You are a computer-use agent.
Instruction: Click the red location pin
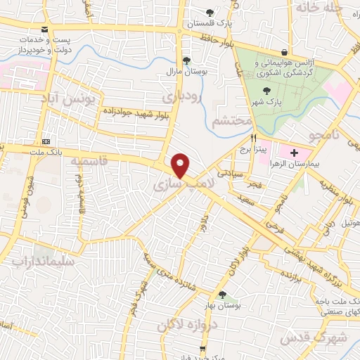pos(181,165)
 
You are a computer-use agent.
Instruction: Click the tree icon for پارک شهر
pos(266,90)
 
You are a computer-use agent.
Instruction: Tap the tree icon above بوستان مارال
pos(186,60)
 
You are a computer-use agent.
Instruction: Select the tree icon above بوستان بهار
pos(222,295)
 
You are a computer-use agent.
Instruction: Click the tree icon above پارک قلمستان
pos(210,12)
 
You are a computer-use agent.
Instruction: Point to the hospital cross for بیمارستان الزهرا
pos(293,152)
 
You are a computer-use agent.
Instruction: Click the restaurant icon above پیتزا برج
pos(253,139)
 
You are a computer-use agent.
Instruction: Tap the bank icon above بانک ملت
pos(46,139)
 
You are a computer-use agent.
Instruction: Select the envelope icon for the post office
pos(46,30)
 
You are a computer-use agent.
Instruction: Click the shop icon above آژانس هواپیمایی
pos(284,52)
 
